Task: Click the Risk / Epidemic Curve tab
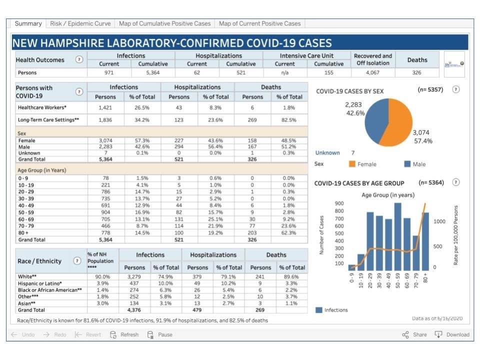(x=80, y=23)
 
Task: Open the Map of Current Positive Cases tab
(x=259, y=23)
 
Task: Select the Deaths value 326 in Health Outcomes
(x=416, y=72)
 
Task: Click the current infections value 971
(x=108, y=72)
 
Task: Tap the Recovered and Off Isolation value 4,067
(x=372, y=72)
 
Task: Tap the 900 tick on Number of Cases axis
(x=338, y=203)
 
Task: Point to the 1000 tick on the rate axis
(x=439, y=221)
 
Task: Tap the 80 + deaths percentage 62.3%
(x=288, y=233)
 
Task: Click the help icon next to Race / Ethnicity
(x=77, y=260)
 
